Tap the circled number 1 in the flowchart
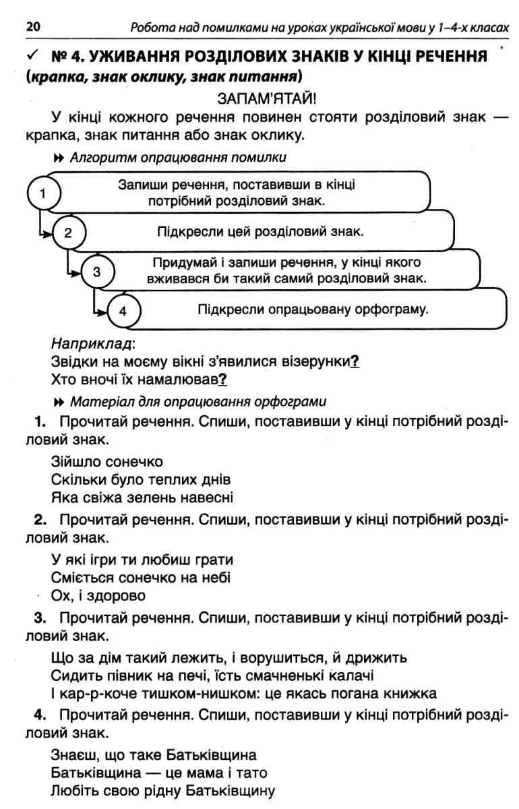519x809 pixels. click(x=43, y=193)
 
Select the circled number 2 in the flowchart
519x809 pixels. click(x=67, y=233)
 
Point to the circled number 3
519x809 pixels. click(x=97, y=272)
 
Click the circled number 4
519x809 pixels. click(x=122, y=311)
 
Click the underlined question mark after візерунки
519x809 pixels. click(x=355, y=361)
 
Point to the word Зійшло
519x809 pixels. click(x=73, y=462)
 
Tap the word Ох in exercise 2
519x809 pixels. click(x=61, y=596)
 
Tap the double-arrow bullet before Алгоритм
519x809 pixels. click(x=57, y=158)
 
